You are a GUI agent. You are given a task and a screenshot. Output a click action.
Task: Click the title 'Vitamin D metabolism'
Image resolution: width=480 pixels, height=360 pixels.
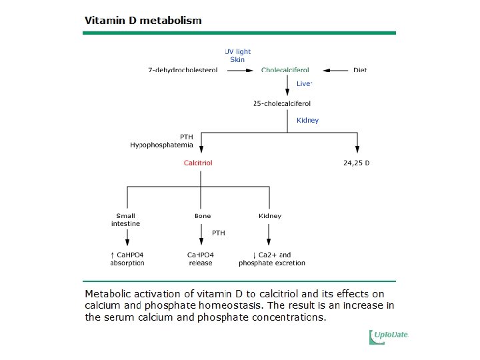click(x=143, y=20)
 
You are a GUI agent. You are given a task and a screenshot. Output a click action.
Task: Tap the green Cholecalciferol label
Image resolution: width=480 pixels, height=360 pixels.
click(x=285, y=70)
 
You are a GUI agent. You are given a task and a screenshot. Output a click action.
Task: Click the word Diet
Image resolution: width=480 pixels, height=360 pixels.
click(x=360, y=70)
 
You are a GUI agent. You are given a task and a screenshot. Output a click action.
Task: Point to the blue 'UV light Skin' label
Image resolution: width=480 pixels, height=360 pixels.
click(x=237, y=55)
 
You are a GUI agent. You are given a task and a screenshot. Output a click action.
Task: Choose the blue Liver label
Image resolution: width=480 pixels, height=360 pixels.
click(x=304, y=84)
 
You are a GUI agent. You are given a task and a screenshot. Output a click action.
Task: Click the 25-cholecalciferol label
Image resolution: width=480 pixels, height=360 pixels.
click(x=282, y=103)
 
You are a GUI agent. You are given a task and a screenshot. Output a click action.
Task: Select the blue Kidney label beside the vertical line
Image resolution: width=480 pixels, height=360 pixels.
click(x=307, y=121)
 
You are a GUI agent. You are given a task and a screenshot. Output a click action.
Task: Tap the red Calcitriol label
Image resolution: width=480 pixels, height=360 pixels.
click(x=198, y=163)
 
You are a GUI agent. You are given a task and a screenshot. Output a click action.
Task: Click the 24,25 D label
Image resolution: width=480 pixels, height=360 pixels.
click(x=355, y=163)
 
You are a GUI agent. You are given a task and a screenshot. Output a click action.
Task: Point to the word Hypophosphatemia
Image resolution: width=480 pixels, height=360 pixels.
click(x=161, y=145)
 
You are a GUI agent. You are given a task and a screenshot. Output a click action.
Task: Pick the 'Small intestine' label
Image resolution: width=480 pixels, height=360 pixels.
click(x=125, y=220)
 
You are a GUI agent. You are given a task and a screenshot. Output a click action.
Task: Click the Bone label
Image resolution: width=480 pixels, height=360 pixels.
click(x=202, y=216)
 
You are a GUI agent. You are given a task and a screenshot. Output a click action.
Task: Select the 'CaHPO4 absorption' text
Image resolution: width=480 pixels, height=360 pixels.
click(x=127, y=259)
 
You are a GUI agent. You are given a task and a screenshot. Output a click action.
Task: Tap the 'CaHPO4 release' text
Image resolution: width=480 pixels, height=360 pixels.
click(x=201, y=259)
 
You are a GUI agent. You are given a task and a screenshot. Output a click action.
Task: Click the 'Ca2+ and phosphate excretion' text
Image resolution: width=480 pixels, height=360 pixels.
click(x=271, y=259)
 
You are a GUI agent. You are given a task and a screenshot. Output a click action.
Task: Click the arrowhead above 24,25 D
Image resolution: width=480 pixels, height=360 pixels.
click(x=357, y=149)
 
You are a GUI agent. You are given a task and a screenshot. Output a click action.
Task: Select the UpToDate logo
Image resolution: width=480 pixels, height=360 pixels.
click(x=389, y=337)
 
